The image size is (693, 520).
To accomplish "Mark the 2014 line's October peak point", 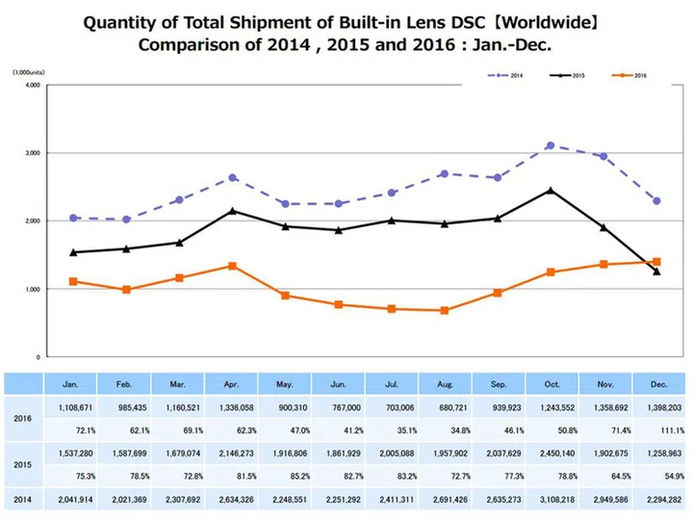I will click(550, 145).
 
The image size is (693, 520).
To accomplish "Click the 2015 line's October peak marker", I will click(550, 190).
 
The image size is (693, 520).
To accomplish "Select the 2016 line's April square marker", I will click(233, 266).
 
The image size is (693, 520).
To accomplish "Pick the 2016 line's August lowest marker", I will click(444, 310).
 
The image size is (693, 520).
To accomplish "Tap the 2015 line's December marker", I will click(656, 272).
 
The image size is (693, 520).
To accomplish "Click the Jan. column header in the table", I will click(72, 382).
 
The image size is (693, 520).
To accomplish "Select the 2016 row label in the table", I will click(24, 420).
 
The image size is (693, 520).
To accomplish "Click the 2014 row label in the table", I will click(24, 499).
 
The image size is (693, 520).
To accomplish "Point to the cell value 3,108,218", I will click(551, 499).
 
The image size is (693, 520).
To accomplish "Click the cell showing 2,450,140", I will click(551, 449).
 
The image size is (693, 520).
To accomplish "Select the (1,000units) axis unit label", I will click(31, 72).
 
